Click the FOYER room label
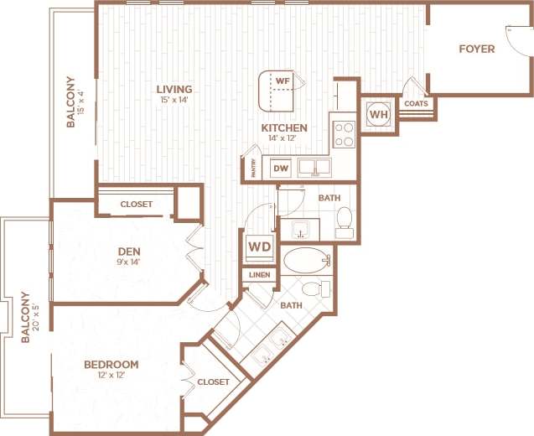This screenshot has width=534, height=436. point(476,49)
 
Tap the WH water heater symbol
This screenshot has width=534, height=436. point(378,114)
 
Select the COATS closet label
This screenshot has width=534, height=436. point(416,104)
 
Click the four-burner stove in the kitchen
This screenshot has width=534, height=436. point(345,134)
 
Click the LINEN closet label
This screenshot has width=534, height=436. point(257,275)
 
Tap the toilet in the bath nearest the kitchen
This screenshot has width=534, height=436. point(344,220)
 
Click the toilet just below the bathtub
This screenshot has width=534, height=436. point(314,289)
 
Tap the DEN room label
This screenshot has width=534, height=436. point(127,249)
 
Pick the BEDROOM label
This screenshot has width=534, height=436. point(111,365)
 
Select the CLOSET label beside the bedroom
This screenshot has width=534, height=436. point(213,381)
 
